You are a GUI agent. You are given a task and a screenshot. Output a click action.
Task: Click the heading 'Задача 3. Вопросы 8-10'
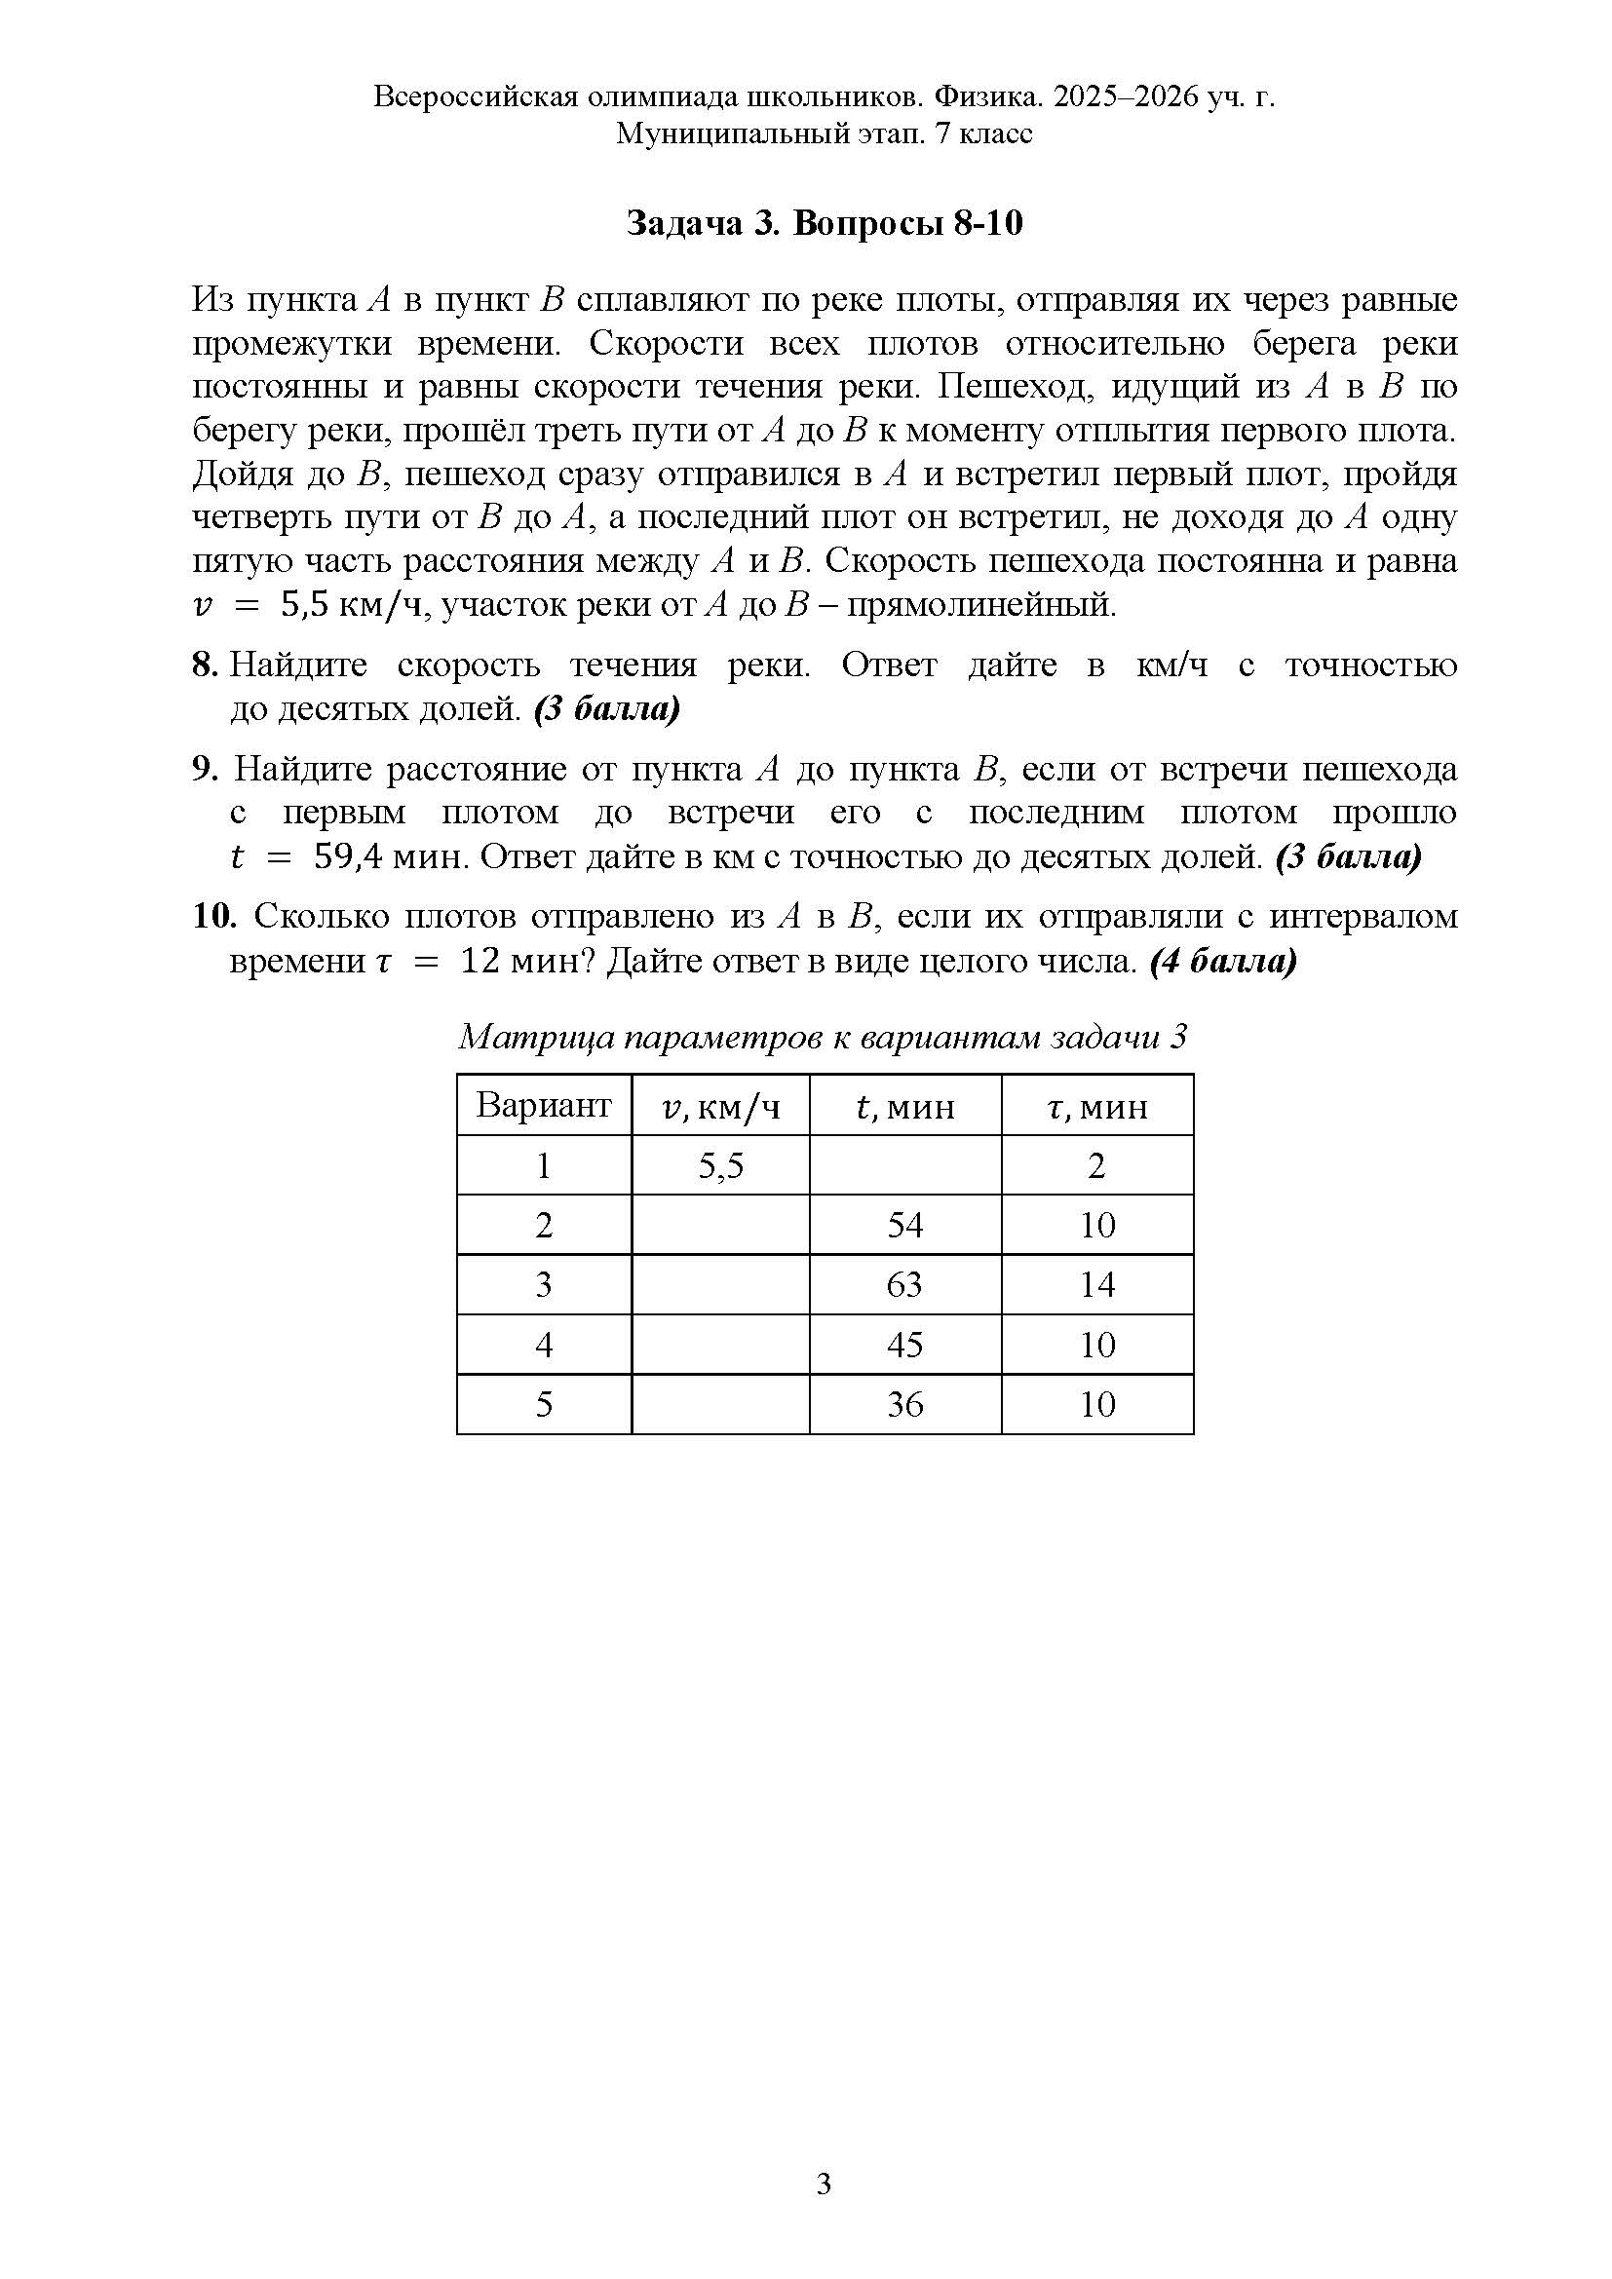tap(824, 224)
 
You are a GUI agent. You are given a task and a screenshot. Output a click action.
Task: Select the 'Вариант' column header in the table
tap(543, 1105)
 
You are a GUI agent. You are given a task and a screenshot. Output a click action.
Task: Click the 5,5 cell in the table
tap(720, 1165)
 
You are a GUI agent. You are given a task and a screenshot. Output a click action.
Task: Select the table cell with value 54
tap(904, 1225)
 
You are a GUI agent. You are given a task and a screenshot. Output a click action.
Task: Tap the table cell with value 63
tap(904, 1284)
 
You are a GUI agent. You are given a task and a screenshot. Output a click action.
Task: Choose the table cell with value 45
tap(904, 1344)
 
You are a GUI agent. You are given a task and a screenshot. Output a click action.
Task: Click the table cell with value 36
tap(904, 1403)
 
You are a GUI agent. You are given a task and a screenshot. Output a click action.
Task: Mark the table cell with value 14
tap(1096, 1284)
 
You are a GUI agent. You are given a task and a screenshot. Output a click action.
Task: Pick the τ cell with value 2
tap(1096, 1165)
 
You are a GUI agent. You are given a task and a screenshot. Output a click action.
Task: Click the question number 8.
tap(204, 665)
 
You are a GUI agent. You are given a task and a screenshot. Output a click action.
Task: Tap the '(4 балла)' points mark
tap(1223, 961)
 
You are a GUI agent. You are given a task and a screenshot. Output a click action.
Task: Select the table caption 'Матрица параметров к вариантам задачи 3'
tap(823, 1038)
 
